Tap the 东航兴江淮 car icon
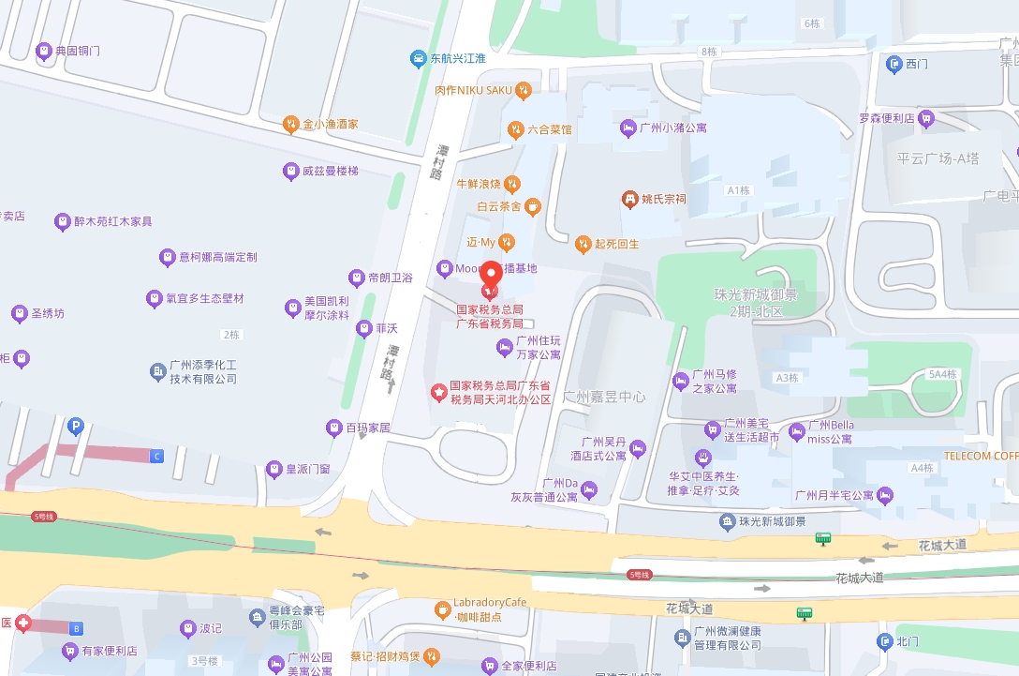tap(419, 59)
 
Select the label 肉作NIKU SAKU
tap(474, 90)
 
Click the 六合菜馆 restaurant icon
tap(515, 129)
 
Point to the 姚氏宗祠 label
tap(664, 199)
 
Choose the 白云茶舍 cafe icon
tap(532, 205)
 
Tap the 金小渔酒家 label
tap(331, 124)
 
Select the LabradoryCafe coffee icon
tap(442, 610)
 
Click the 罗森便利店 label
tap(886, 118)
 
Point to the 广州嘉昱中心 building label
tap(604, 397)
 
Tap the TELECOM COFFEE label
tap(981, 457)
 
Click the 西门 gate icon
tap(893, 64)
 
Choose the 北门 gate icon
tap(884, 641)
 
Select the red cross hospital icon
tap(22, 623)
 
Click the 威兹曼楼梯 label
tap(330, 171)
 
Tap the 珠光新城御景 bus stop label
tap(772, 521)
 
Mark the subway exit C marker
tap(157, 456)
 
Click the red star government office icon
tap(438, 392)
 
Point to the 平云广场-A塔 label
tap(938, 158)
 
